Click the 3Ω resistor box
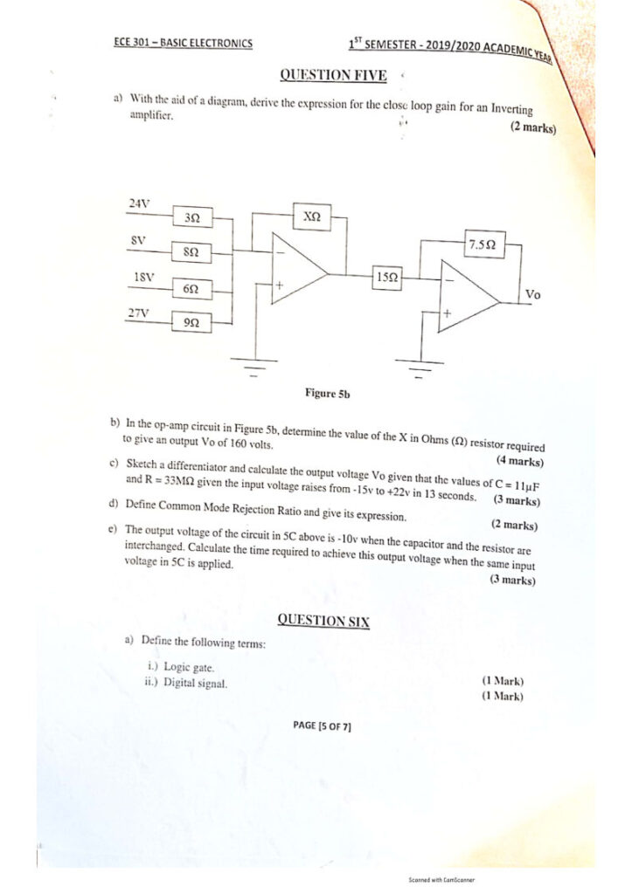[x=191, y=217]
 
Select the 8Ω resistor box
[x=191, y=251]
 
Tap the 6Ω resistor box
[x=191, y=287]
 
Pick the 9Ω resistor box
[x=191, y=322]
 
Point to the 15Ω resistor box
[x=386, y=277]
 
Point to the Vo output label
[x=532, y=295]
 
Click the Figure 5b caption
[x=327, y=394]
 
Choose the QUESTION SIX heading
[x=323, y=621]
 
